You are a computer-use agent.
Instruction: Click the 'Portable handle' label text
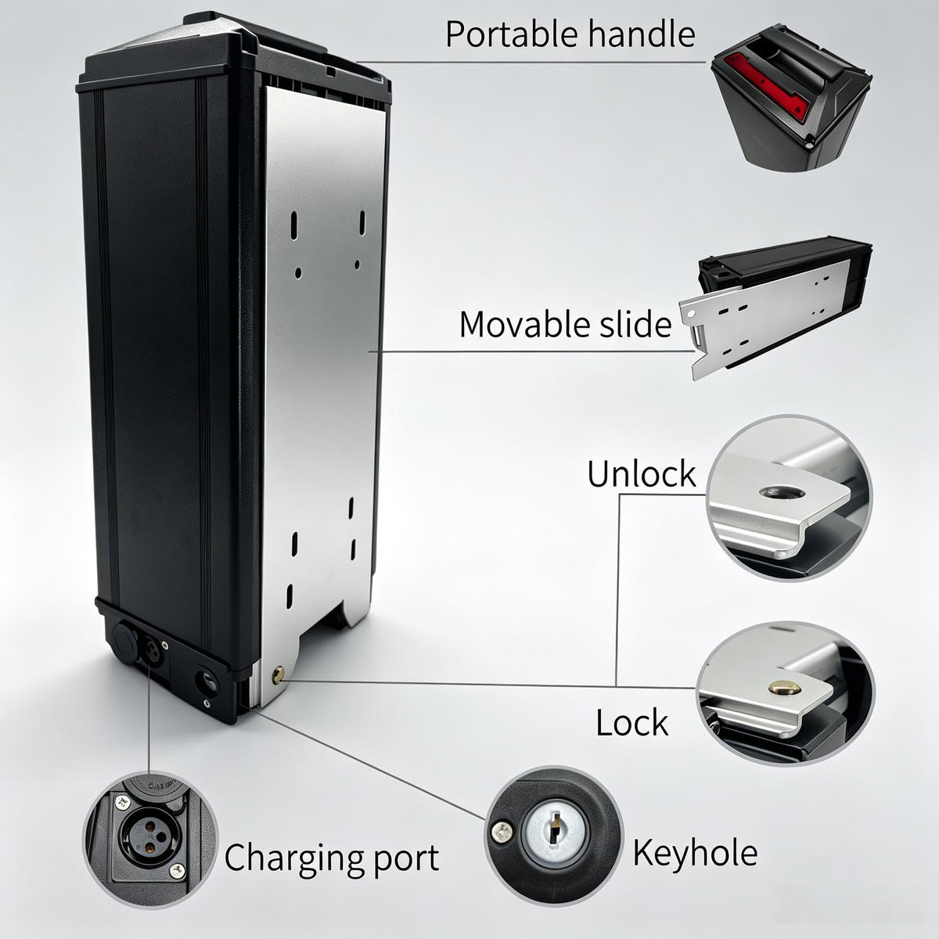coord(570,34)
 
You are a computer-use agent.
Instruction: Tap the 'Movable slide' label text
coord(565,324)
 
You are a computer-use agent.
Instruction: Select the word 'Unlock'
coord(642,473)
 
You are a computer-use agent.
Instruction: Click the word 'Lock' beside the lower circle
coord(632,722)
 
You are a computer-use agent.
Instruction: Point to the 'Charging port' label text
coord(331,858)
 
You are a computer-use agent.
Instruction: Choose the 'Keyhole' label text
coord(695,854)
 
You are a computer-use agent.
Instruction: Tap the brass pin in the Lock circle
coord(785,687)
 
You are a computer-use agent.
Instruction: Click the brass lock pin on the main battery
coord(279,675)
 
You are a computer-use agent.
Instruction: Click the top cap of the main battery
coord(234,56)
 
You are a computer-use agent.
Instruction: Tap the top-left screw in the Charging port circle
coord(121,800)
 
